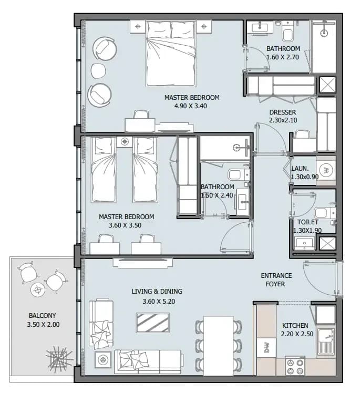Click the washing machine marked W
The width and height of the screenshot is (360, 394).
[x=326, y=170]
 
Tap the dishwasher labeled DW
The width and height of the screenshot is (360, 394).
[x=266, y=348]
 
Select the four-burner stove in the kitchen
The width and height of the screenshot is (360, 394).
[x=295, y=366]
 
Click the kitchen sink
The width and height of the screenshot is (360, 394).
[x=326, y=342]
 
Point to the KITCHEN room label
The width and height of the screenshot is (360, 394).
[x=295, y=326]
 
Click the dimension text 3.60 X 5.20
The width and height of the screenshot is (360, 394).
[x=159, y=302]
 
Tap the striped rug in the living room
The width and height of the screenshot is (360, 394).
[x=153, y=323]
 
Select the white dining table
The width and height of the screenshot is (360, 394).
[x=219, y=346]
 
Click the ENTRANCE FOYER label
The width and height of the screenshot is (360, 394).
[x=276, y=280]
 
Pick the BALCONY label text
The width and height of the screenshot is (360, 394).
[x=42, y=315]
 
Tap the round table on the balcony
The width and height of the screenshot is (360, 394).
[x=38, y=290]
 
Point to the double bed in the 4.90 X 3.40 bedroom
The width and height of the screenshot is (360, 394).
[x=171, y=54]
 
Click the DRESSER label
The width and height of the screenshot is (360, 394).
[x=283, y=112]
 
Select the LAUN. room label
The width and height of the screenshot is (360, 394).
[x=300, y=169]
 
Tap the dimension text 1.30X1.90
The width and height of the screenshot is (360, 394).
[x=307, y=231]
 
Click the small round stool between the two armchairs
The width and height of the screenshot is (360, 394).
[x=98, y=70]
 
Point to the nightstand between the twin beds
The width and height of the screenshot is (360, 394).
[x=125, y=142]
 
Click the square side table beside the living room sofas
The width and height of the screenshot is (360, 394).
[x=102, y=360]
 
